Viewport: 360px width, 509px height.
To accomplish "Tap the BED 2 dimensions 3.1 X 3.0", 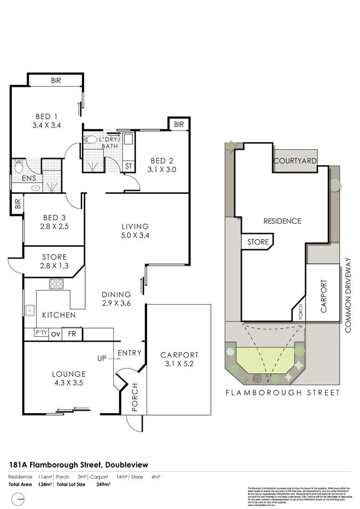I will tap(163, 169).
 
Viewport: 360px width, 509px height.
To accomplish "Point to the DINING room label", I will tap(116, 295).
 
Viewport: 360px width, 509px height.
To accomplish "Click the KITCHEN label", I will tap(60, 315).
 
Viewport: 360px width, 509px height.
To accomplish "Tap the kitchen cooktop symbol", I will tap(57, 283).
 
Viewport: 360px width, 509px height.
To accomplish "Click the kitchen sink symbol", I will tap(28, 310).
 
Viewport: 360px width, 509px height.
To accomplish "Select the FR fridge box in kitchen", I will tap(71, 334).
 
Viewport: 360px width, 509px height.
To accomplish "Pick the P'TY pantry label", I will tap(41, 334).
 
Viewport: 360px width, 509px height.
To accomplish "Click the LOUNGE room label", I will tap(68, 374).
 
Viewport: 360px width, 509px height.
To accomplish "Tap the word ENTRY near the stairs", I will tap(130, 353).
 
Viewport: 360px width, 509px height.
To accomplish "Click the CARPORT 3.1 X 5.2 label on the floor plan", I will tap(179, 360).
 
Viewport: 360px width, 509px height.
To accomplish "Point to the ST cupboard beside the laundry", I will tap(128, 166).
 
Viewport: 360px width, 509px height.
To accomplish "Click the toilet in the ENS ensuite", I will tap(19, 164).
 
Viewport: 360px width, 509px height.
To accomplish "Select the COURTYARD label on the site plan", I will tap(295, 161).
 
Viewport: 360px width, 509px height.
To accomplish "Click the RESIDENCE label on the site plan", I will tap(282, 221).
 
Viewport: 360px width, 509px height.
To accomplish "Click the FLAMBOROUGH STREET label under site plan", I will tap(282, 393).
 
